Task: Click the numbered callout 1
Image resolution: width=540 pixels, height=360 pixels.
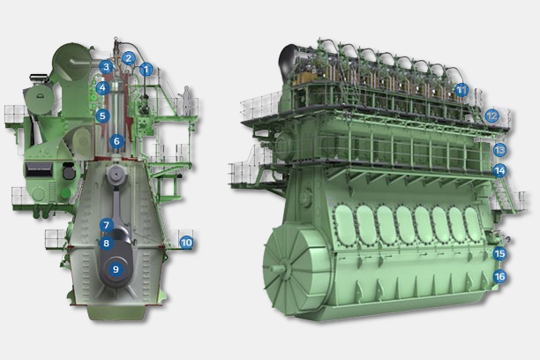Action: (146, 70)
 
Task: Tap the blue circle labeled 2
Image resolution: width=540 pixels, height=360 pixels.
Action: (129, 58)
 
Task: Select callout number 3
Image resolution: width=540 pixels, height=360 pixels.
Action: (106, 67)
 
